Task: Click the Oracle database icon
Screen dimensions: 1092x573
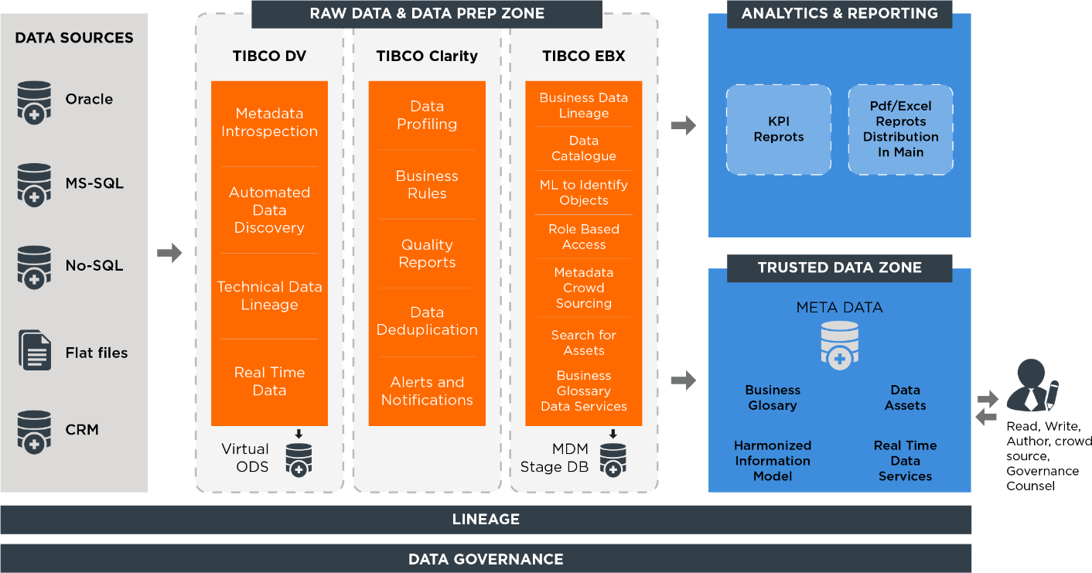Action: coord(34,102)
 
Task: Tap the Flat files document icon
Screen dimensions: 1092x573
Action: coord(35,350)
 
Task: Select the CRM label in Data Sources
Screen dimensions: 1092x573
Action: coord(82,429)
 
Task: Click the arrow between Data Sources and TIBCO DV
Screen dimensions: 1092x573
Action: coord(169,253)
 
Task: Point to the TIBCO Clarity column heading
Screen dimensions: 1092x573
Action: coord(427,56)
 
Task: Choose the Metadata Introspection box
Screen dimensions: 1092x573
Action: coord(270,122)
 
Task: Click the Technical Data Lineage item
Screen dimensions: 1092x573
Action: coord(270,295)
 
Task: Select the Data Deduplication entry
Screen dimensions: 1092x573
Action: coord(427,321)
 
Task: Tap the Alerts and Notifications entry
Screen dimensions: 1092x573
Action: coord(427,391)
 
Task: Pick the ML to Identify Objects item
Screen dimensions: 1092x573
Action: coord(584,193)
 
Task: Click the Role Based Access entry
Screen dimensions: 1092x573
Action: coord(584,237)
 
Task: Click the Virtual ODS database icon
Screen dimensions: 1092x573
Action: coord(299,460)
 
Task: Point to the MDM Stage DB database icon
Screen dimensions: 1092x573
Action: coord(613,460)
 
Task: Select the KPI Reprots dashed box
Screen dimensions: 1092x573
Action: coord(779,130)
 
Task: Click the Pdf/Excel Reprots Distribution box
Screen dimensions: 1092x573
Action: coord(900,130)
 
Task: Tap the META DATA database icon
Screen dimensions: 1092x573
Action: coord(839,346)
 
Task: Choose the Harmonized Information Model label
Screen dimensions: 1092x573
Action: coord(773,461)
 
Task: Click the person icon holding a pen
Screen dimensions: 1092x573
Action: coord(1032,385)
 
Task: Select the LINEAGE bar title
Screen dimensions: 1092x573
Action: coord(486,520)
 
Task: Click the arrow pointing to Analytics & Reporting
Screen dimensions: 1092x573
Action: coord(684,126)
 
